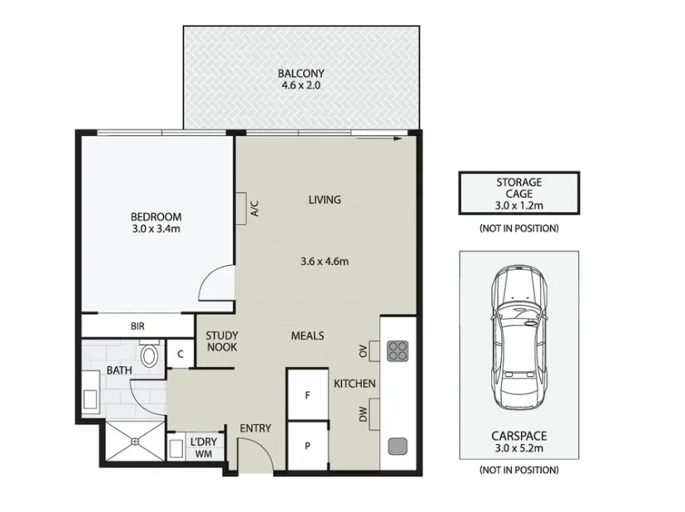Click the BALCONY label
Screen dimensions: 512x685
[x=301, y=73]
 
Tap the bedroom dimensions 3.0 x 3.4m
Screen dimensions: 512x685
[x=156, y=229]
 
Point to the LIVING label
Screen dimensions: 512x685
[x=325, y=200]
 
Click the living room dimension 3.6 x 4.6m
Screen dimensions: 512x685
[x=325, y=262]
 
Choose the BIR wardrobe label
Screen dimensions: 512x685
[x=137, y=326]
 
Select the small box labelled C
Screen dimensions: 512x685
[x=180, y=354]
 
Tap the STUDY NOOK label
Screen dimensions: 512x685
[x=222, y=341]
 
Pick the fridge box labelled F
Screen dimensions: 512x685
[x=307, y=395]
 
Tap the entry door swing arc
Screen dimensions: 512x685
[x=254, y=452]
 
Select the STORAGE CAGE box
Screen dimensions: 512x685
[x=519, y=193]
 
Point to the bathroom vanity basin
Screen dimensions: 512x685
[x=90, y=391]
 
